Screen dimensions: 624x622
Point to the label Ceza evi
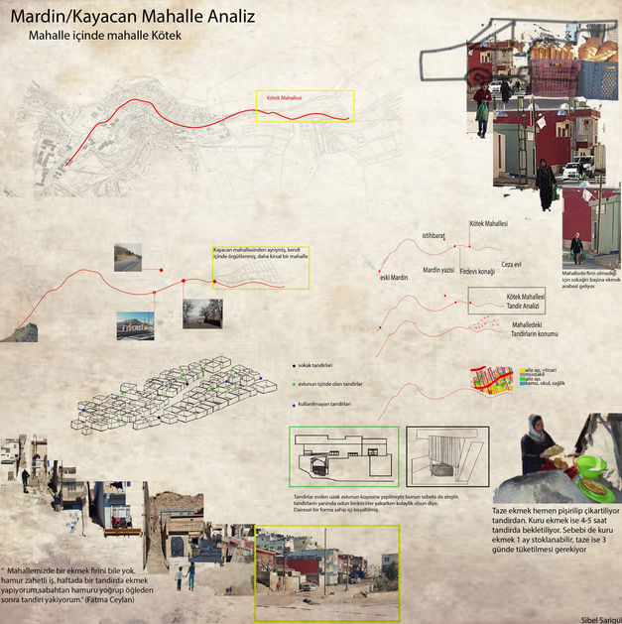coord(511,264)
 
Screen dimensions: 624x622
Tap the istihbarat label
coord(434,235)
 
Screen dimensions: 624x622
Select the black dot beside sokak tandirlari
coord(294,365)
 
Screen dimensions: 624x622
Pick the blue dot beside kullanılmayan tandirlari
coord(294,405)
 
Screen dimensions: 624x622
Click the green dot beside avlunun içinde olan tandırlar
coord(294,384)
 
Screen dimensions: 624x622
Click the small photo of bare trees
coord(201,313)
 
